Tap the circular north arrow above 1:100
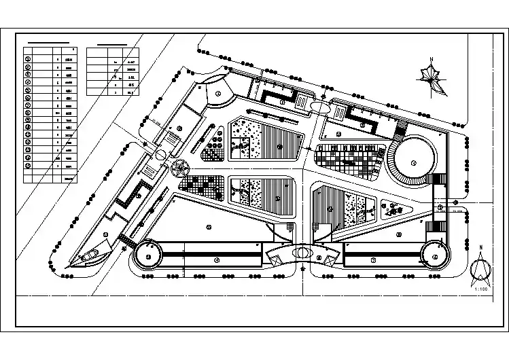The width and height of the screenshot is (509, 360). click(x=480, y=271)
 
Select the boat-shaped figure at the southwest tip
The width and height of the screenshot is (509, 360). click(x=88, y=257)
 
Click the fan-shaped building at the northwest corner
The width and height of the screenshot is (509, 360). click(x=217, y=95)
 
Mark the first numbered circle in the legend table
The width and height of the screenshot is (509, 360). click(x=29, y=59)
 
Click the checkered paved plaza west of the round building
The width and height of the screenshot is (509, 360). click(x=348, y=159)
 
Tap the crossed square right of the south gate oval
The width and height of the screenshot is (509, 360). click(x=328, y=258)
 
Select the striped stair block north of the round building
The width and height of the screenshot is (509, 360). click(x=400, y=128)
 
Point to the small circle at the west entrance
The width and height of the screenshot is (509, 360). click(x=160, y=156)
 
